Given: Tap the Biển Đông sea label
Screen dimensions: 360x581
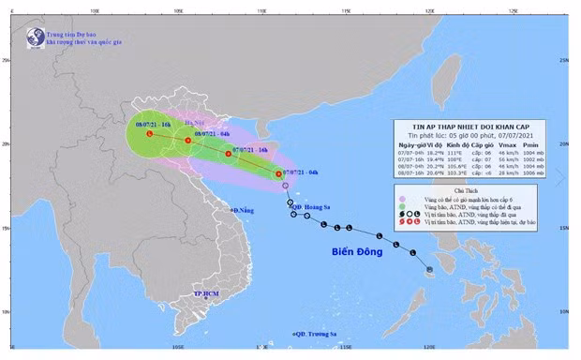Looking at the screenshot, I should coord(350,253).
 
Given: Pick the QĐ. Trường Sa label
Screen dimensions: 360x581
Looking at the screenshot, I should coord(316,334).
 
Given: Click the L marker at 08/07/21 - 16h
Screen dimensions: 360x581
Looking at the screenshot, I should coord(149,135).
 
